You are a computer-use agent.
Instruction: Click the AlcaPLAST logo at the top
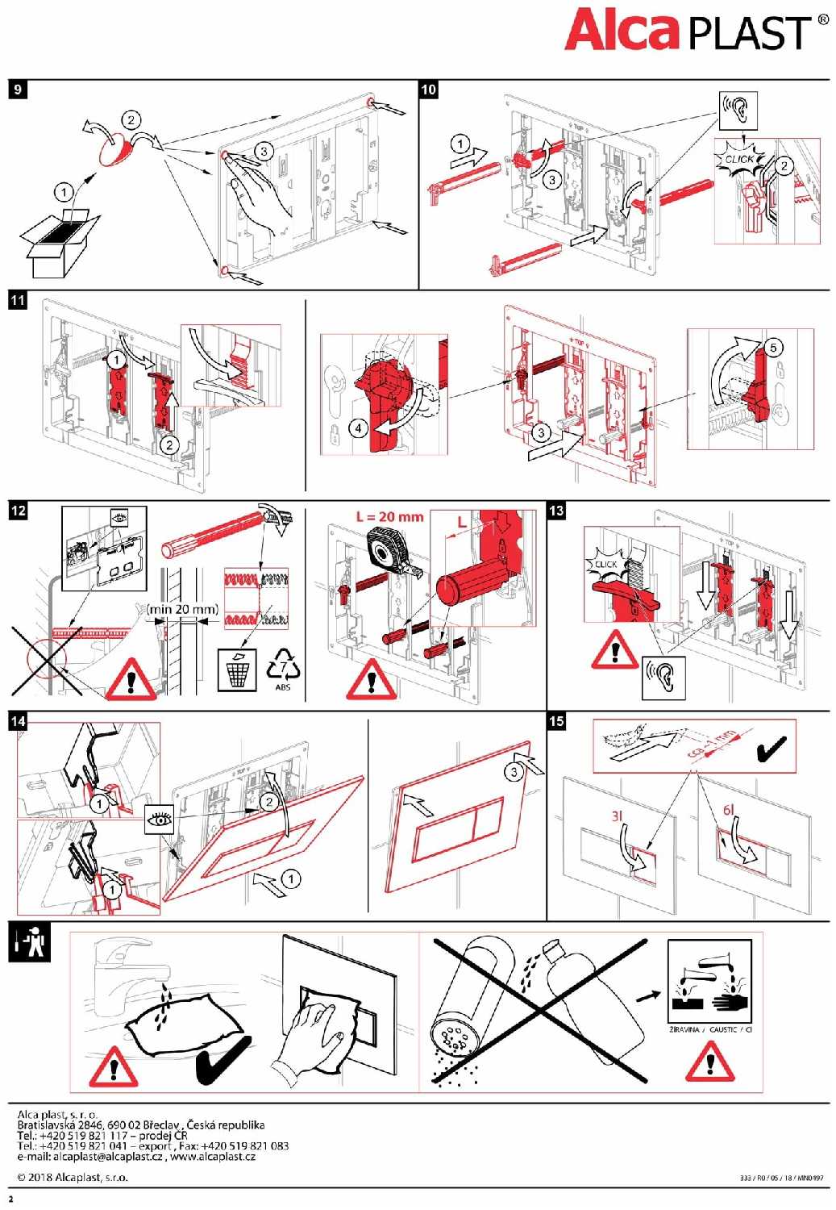pyautogui.click(x=696, y=31)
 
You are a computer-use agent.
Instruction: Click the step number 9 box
pyautogui.click(x=18, y=89)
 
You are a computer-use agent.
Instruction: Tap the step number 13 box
pyautogui.click(x=556, y=511)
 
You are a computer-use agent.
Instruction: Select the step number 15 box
pyautogui.click(x=556, y=721)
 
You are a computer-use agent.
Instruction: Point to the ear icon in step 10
pyautogui.click(x=738, y=110)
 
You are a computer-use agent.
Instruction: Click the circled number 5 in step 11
pyautogui.click(x=772, y=348)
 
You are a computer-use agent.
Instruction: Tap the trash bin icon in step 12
pyautogui.click(x=237, y=670)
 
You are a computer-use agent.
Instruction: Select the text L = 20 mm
pyautogui.click(x=389, y=516)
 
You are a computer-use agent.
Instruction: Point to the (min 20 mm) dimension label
pyautogui.click(x=182, y=609)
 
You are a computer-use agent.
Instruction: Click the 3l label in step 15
pyautogui.click(x=617, y=816)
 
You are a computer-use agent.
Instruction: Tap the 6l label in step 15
pyautogui.click(x=728, y=809)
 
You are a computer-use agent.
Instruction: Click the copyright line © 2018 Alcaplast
pyautogui.click(x=73, y=1177)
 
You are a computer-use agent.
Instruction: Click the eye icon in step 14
pyautogui.click(x=160, y=820)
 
